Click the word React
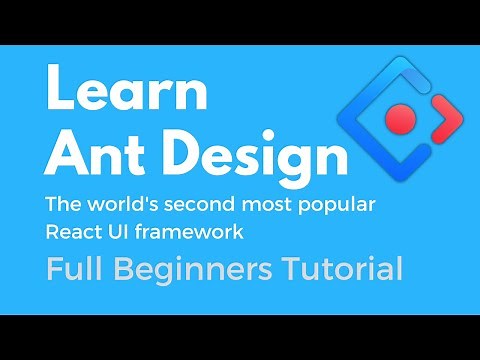click(x=71, y=232)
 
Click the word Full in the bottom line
click(x=73, y=269)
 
